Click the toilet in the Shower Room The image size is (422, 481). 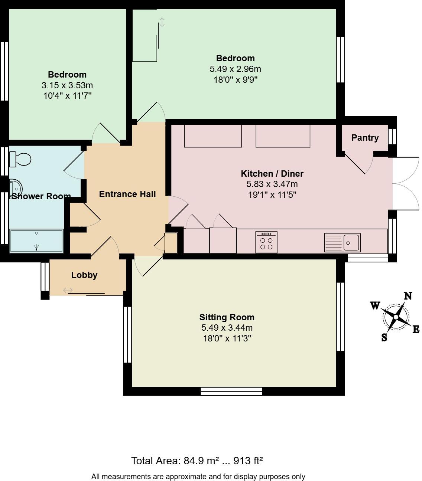click(21, 159)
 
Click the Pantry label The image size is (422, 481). click(365, 138)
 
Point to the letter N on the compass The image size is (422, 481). click(408, 296)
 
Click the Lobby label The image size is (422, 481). click(84, 275)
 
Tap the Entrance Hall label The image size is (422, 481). click(127, 194)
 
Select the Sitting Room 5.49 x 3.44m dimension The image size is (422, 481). click(227, 328)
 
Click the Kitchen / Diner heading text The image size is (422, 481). click(272, 174)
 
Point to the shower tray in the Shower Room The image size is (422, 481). click(36, 241)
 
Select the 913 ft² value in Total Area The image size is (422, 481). click(248, 461)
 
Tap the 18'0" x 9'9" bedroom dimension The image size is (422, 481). click(235, 79)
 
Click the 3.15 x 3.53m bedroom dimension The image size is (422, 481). click(67, 85)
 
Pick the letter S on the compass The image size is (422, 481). click(384, 337)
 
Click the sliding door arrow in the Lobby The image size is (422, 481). click(68, 290)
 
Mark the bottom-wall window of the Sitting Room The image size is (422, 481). click(231, 391)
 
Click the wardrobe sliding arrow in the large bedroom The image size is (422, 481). click(162, 22)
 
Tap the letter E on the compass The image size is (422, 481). click(416, 329)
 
